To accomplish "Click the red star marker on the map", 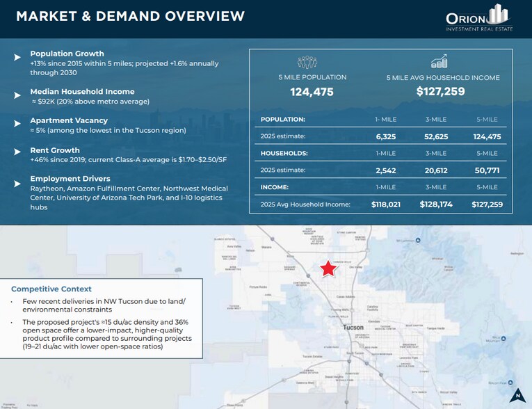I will coord(328,268).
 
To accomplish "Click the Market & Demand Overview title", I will coord(130,16).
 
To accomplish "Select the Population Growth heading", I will coord(67,54).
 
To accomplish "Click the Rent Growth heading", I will coord(55,150).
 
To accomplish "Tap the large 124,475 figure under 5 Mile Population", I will coord(312,92).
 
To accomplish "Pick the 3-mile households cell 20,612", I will coord(435,170).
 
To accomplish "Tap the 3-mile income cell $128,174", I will coord(435,205).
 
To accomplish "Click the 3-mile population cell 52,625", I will coord(435,136).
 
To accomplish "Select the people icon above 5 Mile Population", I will coord(307,63).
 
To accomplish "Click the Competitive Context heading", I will coord(51,289).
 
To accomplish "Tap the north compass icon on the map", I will coord(517,395).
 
